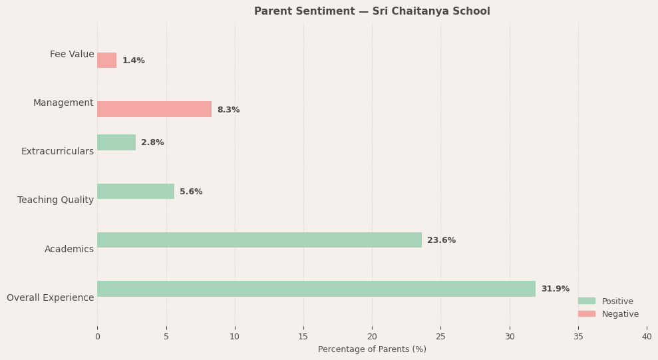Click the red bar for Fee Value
click(106, 61)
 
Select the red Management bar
click(154, 109)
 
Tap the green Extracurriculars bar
click(116, 142)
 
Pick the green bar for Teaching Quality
click(136, 192)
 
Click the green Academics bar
click(259, 240)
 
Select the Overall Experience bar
click(316, 289)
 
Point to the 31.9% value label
click(555, 289)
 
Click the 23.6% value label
click(441, 240)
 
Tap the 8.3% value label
click(228, 110)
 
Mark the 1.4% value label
click(133, 61)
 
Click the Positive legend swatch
click(586, 301)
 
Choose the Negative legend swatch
click(586, 313)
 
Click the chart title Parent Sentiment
click(372, 11)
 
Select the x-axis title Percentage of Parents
click(372, 349)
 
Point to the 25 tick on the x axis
click(440, 337)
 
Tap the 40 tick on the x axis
click(647, 337)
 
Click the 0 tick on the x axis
click(97, 337)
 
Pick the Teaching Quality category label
click(56, 200)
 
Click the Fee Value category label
click(72, 55)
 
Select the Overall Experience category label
click(51, 297)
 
